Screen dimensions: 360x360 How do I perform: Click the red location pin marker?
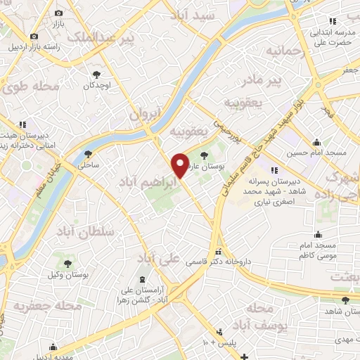[180, 165]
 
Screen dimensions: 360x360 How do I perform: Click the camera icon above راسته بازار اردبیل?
[33, 37]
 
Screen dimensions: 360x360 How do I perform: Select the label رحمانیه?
[286, 51]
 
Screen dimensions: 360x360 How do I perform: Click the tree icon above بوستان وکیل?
[67, 263]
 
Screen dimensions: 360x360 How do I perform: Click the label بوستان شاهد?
[337, 311]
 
